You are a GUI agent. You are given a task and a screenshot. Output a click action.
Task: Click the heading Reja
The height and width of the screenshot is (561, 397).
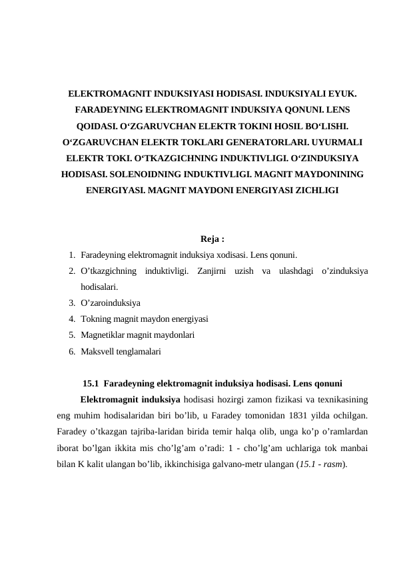pyautogui.click(x=211, y=239)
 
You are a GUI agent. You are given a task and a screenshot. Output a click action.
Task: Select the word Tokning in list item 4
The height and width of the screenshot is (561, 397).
pyautogui.click(x=95, y=318)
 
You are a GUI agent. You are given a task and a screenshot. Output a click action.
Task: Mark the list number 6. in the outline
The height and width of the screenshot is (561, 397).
pyautogui.click(x=71, y=350)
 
